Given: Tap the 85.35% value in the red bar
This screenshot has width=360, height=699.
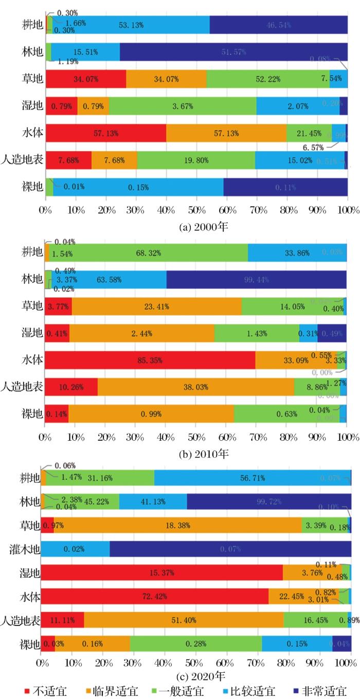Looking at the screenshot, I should tap(150, 356).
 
